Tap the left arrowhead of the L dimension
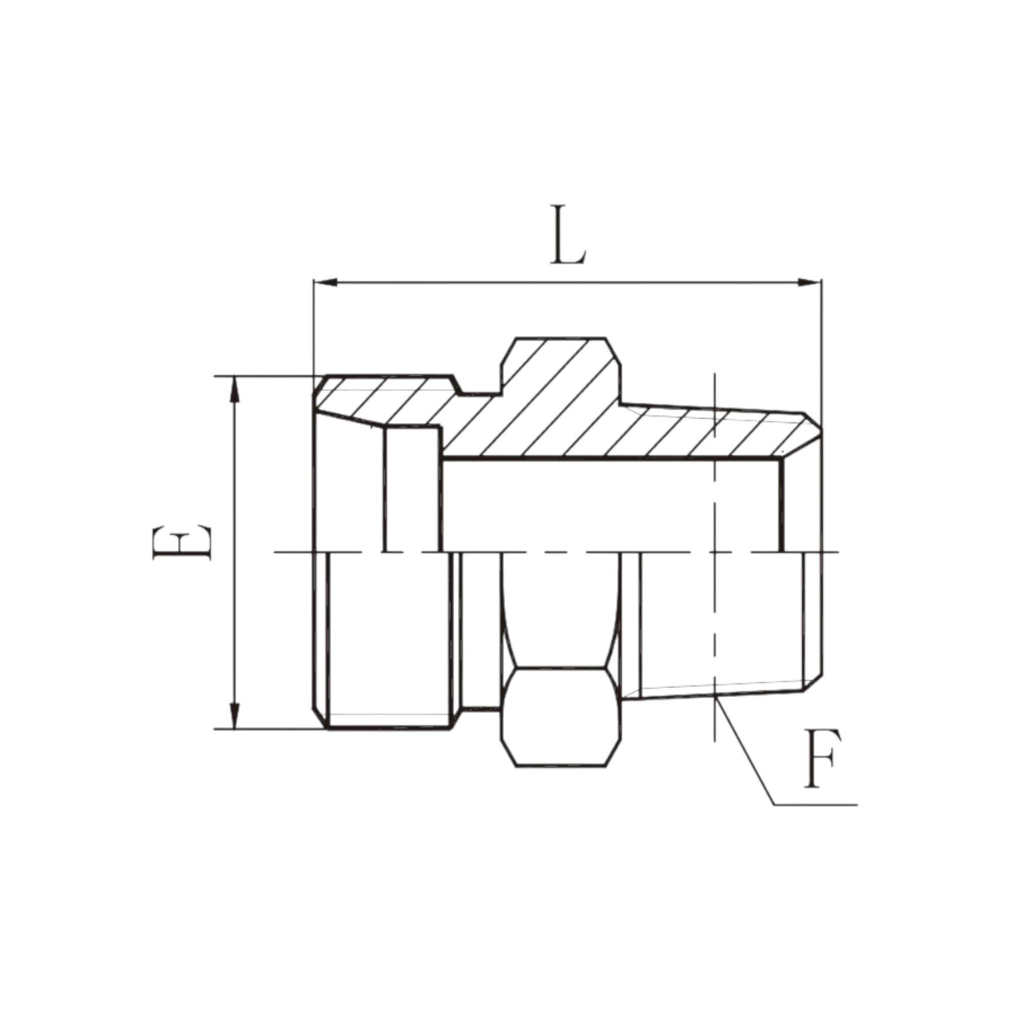(326, 283)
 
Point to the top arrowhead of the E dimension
(235, 390)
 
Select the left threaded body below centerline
(387, 638)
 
